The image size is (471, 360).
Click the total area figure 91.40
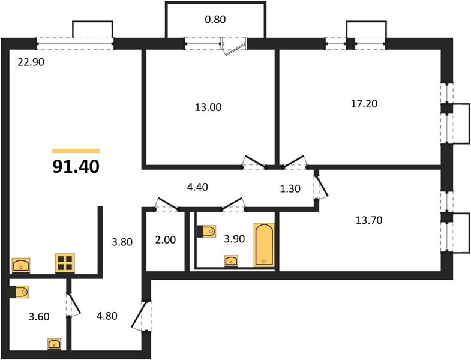[76, 167]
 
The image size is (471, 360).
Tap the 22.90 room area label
[31, 62]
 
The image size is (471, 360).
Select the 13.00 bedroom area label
[208, 107]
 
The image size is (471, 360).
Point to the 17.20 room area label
[364, 104]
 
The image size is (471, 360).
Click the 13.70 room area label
[369, 220]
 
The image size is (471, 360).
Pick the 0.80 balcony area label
[215, 20]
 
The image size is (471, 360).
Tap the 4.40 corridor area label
[197, 187]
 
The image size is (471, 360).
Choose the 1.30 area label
[290, 188]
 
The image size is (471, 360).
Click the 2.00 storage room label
[166, 240]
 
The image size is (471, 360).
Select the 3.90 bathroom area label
[234, 239]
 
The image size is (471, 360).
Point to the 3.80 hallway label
[122, 242]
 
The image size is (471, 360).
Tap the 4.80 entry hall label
[107, 316]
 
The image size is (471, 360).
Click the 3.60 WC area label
[39, 316]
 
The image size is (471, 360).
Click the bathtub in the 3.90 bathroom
[264, 245]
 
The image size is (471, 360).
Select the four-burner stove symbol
[65, 263]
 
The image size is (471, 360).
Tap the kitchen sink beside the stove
[21, 265]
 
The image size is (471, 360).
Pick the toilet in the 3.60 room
[20, 292]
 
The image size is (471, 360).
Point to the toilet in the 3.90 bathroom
[206, 231]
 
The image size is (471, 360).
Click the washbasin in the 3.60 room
[55, 344]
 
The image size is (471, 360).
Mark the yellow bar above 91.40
[76, 151]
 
